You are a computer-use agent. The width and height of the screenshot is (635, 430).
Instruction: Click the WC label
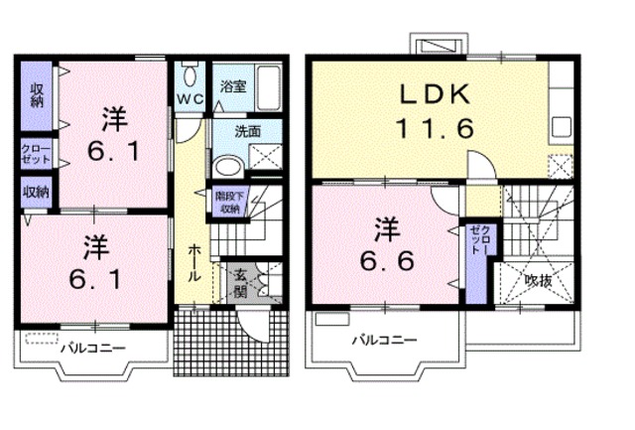coord(190,100)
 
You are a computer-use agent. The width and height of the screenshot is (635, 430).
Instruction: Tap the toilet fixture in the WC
coord(190,74)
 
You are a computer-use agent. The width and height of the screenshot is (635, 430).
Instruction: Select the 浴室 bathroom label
coord(233,87)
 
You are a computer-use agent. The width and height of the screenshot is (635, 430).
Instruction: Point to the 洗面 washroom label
coord(247,130)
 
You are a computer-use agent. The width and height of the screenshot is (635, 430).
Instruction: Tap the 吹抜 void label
coord(538,280)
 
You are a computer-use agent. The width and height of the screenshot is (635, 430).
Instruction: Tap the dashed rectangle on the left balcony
coord(42,339)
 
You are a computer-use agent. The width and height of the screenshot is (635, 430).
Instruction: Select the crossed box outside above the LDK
coord(436,45)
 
